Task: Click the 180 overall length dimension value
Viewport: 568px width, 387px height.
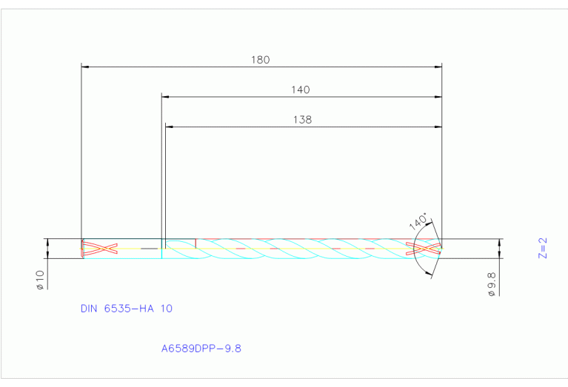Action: tap(260, 60)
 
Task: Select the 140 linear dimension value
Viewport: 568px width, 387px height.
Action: tap(300, 90)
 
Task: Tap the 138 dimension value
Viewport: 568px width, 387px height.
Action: tap(302, 119)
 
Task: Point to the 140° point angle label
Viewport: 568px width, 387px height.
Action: tap(418, 221)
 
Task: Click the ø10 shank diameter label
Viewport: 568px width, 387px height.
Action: tap(41, 279)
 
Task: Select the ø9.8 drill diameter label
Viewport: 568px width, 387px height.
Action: tap(491, 283)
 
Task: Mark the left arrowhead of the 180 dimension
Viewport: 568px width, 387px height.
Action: tap(84, 67)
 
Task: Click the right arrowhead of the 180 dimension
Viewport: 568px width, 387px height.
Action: tap(438, 67)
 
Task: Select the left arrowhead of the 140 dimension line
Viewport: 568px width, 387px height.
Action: tap(166, 97)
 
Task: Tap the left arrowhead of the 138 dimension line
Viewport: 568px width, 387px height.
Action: tap(169, 127)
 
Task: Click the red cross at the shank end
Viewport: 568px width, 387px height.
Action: tap(100, 249)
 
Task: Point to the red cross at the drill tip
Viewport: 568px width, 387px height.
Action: tap(427, 249)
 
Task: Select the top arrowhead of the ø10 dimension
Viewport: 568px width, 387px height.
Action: tap(47, 242)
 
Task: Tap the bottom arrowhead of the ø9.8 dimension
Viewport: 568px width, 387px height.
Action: tap(501, 255)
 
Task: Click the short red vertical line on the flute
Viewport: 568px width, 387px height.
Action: tap(196, 243)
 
